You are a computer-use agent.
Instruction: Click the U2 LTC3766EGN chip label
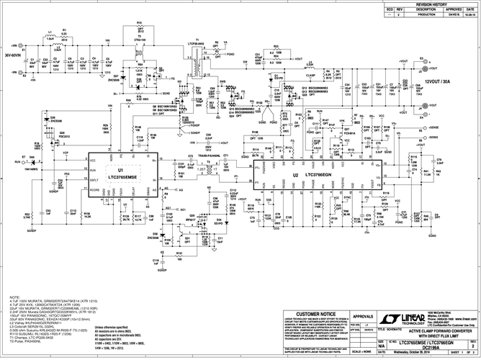coord(307,174)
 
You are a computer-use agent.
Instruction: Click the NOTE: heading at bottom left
coord(14,297)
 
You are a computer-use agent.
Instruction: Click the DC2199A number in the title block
coord(399,348)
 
